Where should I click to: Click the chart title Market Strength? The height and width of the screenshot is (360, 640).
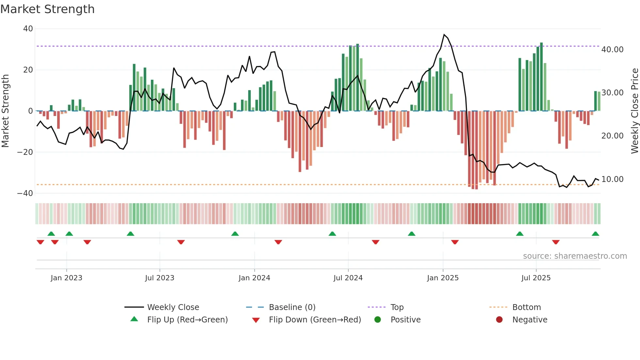coord(47,9)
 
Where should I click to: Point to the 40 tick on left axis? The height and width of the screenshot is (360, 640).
coord(28,29)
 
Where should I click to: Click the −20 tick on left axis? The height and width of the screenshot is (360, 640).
coord(25,152)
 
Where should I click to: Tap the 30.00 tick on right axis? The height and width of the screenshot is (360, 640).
coord(612,93)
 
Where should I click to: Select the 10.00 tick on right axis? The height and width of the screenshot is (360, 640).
coord(612,179)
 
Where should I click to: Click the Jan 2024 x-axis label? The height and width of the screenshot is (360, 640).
coord(254,278)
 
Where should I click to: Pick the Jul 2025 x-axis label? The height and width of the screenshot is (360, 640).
coord(536,278)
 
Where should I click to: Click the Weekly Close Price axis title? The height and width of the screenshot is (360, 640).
coord(634,111)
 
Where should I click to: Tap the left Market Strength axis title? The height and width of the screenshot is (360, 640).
coord(5,111)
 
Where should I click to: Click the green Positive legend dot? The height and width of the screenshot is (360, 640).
coord(378,320)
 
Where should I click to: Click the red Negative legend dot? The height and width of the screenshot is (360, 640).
coord(499,320)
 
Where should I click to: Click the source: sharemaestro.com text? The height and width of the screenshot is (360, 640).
coord(575,256)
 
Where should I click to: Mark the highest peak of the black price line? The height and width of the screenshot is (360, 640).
coord(444,35)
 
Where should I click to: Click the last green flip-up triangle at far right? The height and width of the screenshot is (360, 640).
coord(595,234)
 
